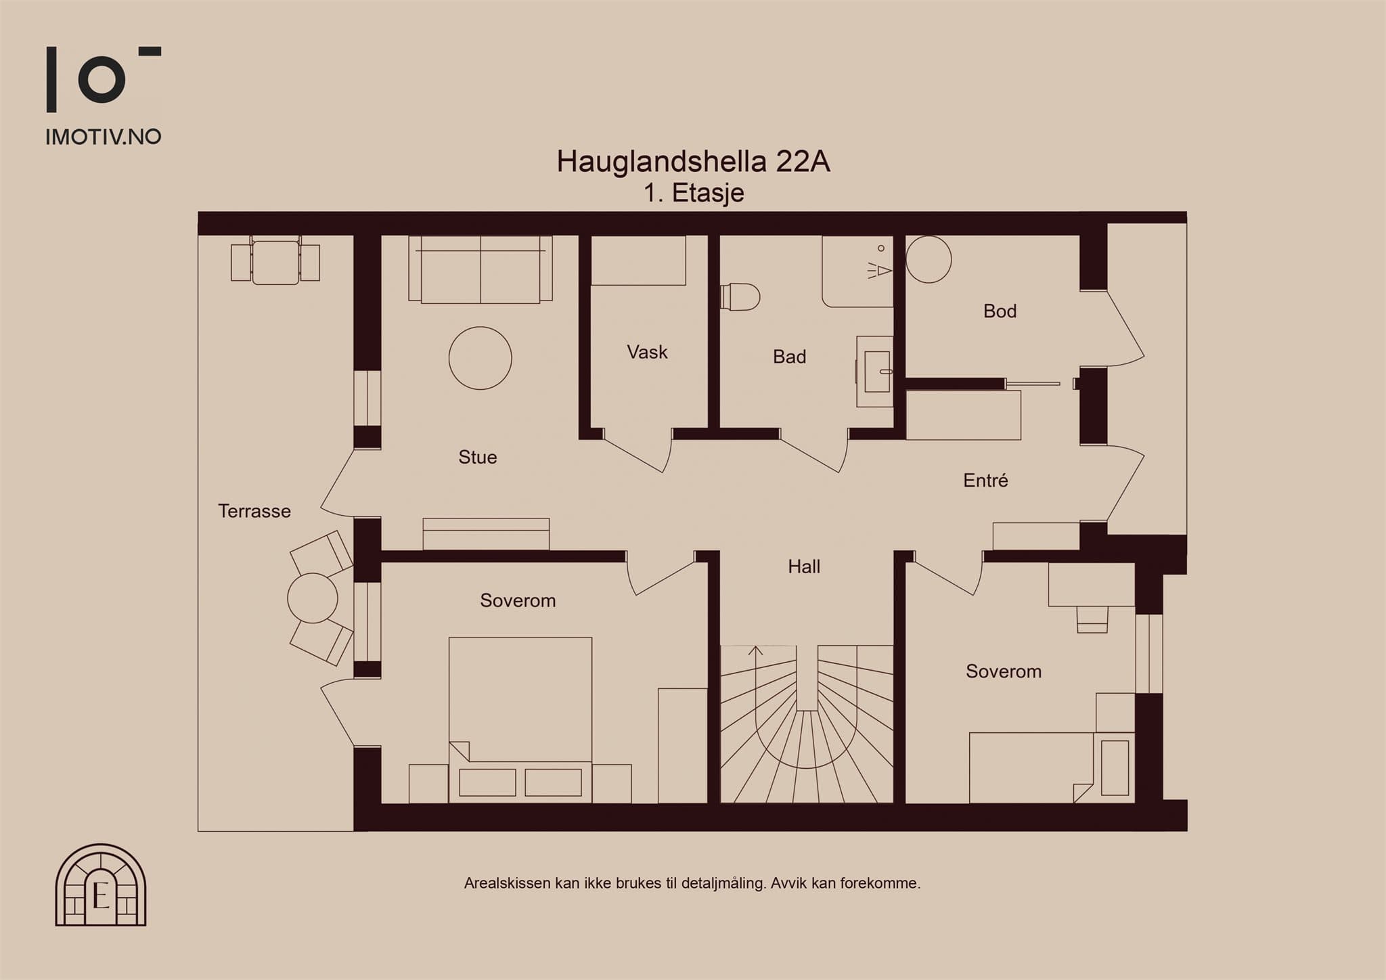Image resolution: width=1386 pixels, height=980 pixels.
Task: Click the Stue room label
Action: [478, 458]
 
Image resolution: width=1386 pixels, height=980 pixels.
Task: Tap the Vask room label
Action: [647, 352]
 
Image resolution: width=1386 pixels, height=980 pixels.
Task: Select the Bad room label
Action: [789, 357]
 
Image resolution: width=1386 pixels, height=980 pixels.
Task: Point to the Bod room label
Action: [1000, 311]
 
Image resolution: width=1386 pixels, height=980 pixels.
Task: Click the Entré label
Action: [985, 481]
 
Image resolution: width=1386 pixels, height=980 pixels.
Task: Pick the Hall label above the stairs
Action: [804, 566]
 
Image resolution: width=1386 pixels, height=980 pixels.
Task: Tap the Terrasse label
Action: [254, 511]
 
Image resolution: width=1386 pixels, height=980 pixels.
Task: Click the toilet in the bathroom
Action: [740, 296]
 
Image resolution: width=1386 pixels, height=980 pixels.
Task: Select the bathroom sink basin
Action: [878, 371]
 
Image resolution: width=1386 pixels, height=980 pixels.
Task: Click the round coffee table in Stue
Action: [480, 358]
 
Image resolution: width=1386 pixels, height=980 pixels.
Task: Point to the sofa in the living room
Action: [480, 269]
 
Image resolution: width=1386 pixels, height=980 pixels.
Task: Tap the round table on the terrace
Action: [313, 598]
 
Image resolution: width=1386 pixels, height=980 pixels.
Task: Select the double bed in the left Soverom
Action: [520, 719]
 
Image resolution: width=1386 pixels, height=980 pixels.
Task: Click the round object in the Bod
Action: [929, 259]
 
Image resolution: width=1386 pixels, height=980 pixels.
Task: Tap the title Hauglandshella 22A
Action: [693, 162]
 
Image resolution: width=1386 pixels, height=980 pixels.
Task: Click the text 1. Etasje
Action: [694, 194]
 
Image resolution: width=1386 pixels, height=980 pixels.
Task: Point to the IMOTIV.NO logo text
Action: [104, 137]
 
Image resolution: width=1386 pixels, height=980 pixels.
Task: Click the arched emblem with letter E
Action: [101, 885]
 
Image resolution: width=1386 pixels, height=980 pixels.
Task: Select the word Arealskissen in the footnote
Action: [507, 883]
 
